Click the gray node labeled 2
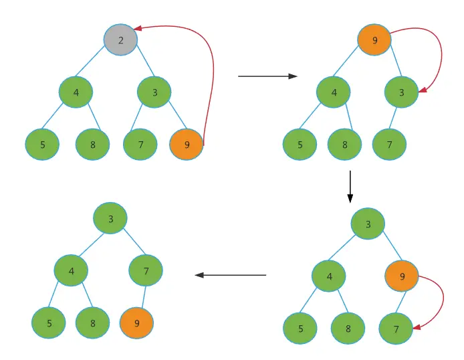click(x=120, y=40)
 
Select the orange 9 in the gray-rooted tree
click(x=187, y=145)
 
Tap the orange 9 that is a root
click(x=374, y=40)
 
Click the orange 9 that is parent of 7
click(x=402, y=276)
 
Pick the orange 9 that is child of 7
click(x=137, y=323)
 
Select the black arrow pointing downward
click(x=350, y=187)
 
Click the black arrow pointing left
click(x=230, y=275)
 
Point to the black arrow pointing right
click(x=267, y=76)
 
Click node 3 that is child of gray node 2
click(x=154, y=93)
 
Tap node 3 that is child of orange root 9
click(x=402, y=93)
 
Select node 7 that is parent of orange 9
click(x=146, y=271)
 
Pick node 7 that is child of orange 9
click(x=396, y=329)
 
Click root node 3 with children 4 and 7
click(x=110, y=218)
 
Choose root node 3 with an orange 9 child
click(x=368, y=225)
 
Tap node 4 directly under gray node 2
click(x=76, y=93)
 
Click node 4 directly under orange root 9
click(x=334, y=93)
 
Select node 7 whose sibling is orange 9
click(x=140, y=145)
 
